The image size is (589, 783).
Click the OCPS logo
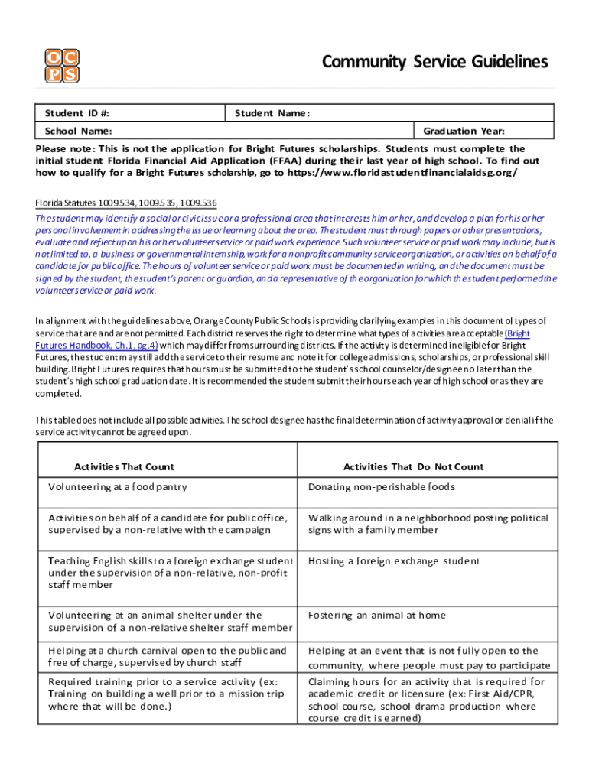pos(61,66)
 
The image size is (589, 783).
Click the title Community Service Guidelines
pos(434,62)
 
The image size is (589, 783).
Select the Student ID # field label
pos(76,114)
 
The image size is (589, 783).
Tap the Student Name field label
pos(272,114)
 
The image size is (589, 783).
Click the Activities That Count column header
pos(124,466)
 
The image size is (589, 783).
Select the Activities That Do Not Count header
pos(413,466)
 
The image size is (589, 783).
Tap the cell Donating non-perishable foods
pos(381,487)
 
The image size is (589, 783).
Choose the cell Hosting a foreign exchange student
pos(394,561)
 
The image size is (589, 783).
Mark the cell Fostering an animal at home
pos(376,615)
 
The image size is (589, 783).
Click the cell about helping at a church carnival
pos(168,657)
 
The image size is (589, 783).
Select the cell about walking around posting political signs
pos(428,524)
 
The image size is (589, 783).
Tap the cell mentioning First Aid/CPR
pos(426,700)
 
